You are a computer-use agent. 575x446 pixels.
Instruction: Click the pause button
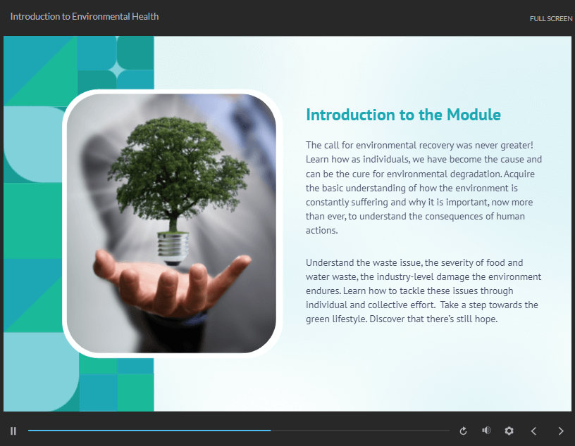(x=13, y=431)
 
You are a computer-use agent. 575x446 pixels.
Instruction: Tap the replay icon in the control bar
(x=463, y=431)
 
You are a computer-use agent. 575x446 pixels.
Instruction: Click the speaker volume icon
(x=486, y=431)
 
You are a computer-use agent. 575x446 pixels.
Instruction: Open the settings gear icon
(x=509, y=431)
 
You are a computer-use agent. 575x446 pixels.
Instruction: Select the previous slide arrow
(x=533, y=431)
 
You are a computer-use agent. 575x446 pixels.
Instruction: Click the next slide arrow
(x=561, y=431)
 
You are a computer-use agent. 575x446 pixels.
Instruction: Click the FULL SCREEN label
(x=551, y=19)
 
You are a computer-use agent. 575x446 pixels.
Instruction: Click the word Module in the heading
(x=474, y=115)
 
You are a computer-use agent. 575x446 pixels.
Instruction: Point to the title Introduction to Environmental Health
(x=85, y=16)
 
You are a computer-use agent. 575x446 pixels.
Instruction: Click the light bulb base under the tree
(x=173, y=248)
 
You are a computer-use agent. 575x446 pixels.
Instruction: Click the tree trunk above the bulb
(x=173, y=222)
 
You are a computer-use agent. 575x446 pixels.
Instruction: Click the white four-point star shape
(x=117, y=70)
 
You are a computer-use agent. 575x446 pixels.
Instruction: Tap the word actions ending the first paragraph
(x=321, y=230)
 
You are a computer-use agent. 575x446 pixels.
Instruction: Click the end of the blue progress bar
(x=271, y=431)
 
